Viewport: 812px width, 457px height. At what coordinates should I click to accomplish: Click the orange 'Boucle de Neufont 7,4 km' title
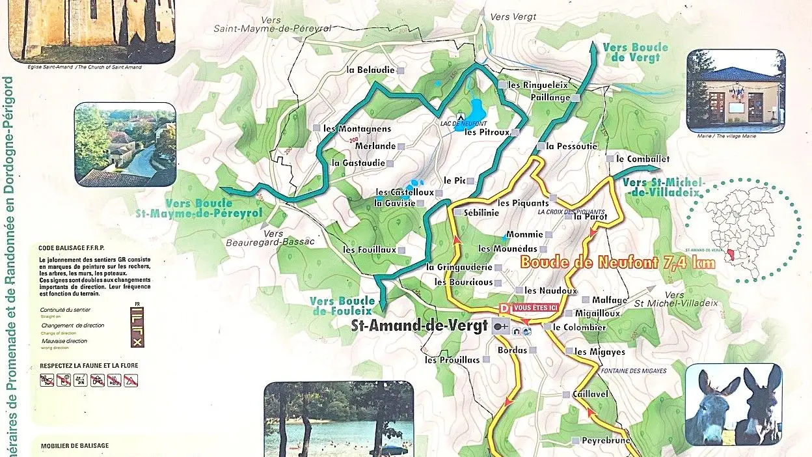coord(617,263)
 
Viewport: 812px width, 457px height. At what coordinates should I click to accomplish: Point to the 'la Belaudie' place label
coord(370,70)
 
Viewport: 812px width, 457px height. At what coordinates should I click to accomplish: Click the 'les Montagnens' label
coord(357,128)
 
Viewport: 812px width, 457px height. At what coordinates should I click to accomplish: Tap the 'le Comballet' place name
coord(642,159)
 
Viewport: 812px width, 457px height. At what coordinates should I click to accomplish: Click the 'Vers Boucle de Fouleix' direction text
coord(342,306)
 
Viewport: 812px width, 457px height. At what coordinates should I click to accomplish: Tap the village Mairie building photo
coord(735,91)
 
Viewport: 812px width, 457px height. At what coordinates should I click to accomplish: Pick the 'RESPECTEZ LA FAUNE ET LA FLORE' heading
coord(89,366)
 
